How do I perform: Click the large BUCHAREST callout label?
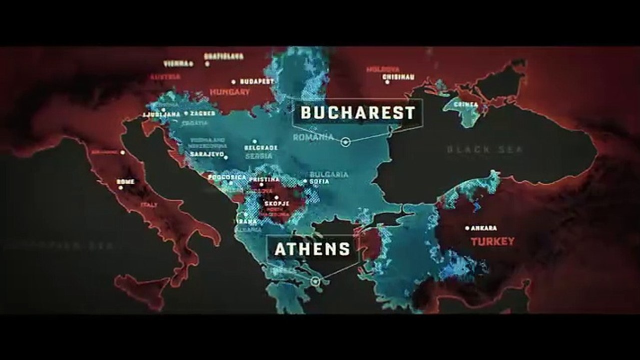[358, 113]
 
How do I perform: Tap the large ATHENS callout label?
[312, 249]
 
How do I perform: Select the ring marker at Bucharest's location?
[345, 142]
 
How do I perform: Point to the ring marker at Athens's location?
[315, 282]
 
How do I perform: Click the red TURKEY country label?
[492, 241]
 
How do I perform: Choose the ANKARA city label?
[484, 228]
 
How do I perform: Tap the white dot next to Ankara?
[468, 228]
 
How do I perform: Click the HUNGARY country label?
[230, 92]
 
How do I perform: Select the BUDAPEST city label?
[257, 81]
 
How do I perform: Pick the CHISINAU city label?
[398, 77]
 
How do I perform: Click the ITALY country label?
[149, 205]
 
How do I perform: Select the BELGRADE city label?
[260, 148]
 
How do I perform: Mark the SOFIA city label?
[320, 181]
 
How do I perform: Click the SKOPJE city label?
[277, 204]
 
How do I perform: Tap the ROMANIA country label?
[313, 137]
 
